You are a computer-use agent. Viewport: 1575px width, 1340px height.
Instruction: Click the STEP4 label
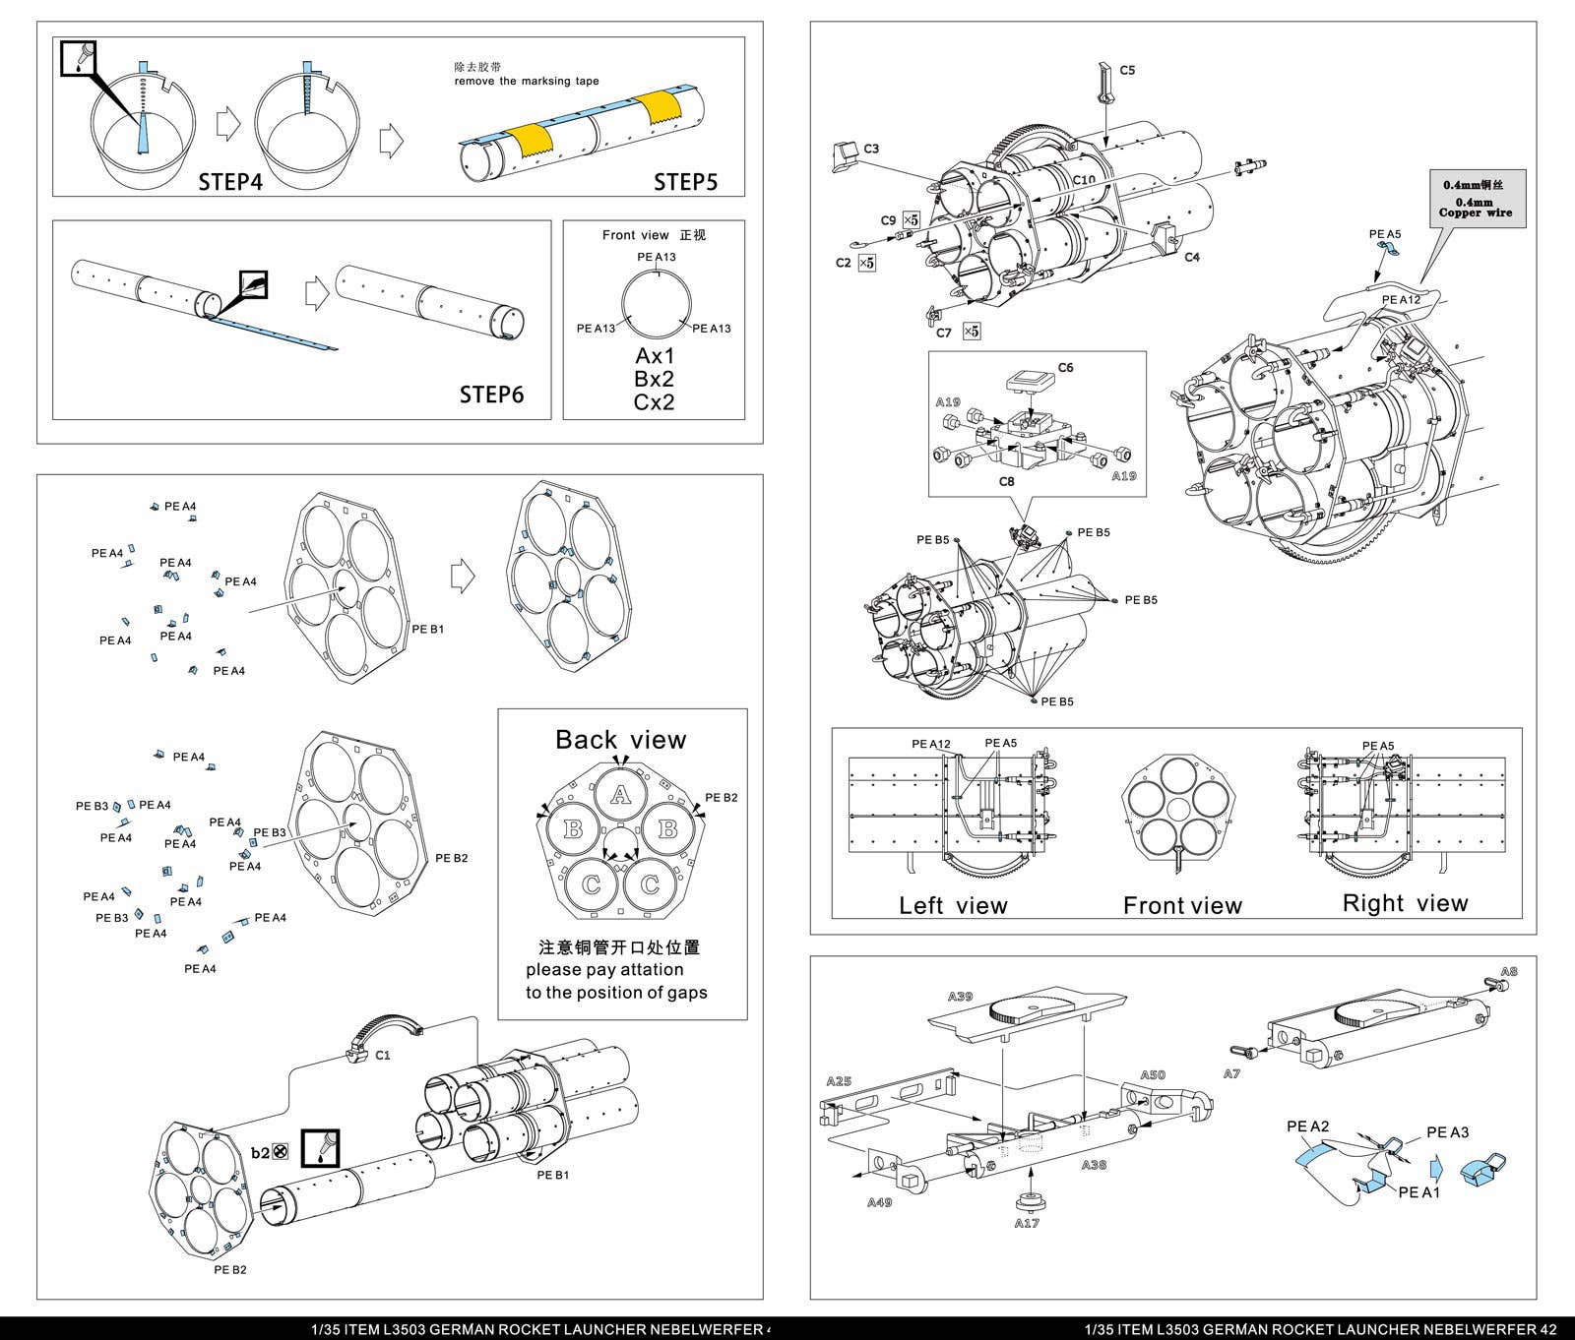coord(230,181)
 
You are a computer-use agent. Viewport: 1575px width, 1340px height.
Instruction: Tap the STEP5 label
coord(685,181)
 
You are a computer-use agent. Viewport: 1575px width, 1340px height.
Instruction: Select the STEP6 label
coord(492,394)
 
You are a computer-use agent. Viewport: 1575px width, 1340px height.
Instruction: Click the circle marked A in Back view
coord(619,795)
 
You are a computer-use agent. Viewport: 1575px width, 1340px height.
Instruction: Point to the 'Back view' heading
coord(620,740)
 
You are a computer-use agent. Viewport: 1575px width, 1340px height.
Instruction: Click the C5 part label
coord(1127,70)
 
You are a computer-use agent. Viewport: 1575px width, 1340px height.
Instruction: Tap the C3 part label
coord(871,149)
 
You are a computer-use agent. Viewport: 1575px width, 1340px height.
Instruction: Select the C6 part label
coord(1065,368)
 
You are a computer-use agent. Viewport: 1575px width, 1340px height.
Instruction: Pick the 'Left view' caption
coord(953,905)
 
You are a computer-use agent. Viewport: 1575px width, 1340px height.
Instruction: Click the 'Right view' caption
coord(1405,903)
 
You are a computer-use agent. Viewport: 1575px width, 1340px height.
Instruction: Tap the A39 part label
coord(960,997)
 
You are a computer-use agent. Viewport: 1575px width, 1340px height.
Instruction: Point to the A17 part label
coord(1027,1223)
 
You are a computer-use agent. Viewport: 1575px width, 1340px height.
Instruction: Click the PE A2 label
coord(1308,1127)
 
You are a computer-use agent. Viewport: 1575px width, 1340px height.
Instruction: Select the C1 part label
coord(383,1055)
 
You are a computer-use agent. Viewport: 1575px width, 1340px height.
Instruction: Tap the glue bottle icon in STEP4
coord(80,58)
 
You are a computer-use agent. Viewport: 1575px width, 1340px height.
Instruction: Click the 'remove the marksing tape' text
coord(526,81)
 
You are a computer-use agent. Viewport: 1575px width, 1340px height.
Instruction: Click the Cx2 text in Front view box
coord(654,401)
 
